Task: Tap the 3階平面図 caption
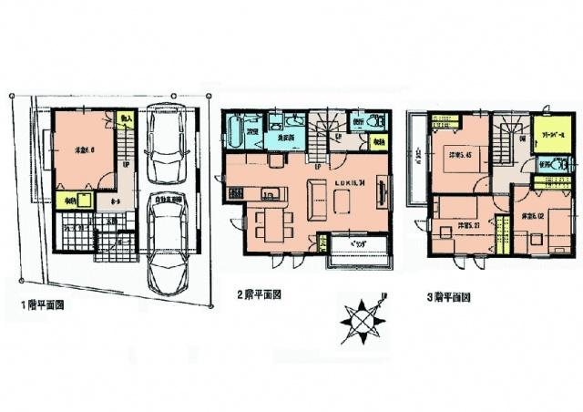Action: click(x=447, y=297)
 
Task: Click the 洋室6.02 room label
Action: click(x=534, y=217)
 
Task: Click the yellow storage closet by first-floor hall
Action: click(x=72, y=201)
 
